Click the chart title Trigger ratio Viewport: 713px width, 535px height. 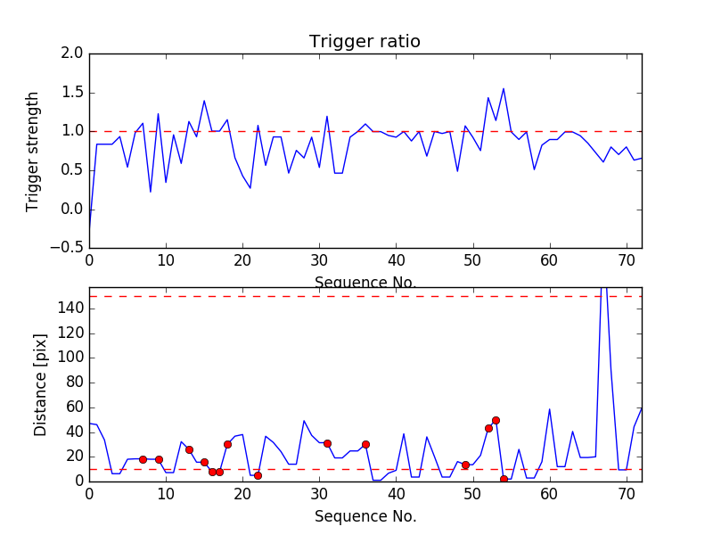(365, 42)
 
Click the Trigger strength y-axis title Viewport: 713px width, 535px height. (33, 151)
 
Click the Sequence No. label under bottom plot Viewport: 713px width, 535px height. (365, 516)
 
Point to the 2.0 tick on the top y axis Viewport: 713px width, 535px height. (73, 53)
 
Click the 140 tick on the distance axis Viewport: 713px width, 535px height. (70, 309)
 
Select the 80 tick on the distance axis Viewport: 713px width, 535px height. (73, 383)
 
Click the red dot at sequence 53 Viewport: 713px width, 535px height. (496, 420)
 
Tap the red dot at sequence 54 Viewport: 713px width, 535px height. (504, 479)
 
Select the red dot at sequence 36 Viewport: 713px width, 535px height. (365, 444)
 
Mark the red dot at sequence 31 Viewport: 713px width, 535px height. (327, 443)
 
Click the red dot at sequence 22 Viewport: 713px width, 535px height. (258, 475)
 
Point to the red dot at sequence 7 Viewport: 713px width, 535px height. (143, 459)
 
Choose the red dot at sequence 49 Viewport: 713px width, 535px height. (465, 465)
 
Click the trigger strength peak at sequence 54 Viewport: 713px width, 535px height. (504, 88)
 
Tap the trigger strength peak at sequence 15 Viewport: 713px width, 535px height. (204, 101)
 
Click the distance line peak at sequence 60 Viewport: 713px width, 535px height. (550, 409)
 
